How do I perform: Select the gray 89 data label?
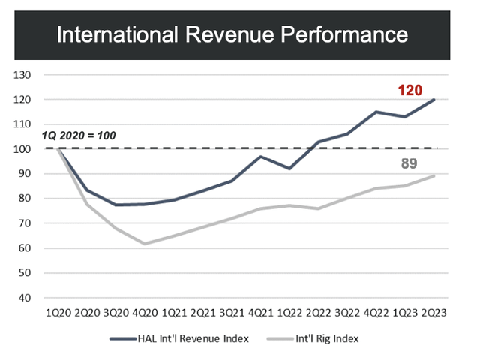coord(409,163)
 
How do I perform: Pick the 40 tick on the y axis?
coord(25,298)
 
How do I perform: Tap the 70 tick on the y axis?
coord(25,223)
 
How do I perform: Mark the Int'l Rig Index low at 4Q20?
coord(145,244)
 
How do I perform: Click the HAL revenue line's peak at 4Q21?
coord(260,156)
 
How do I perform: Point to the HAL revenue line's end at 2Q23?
coord(434,100)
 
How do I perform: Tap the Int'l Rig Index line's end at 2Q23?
coord(434,176)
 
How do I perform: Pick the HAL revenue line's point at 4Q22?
coord(376,112)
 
